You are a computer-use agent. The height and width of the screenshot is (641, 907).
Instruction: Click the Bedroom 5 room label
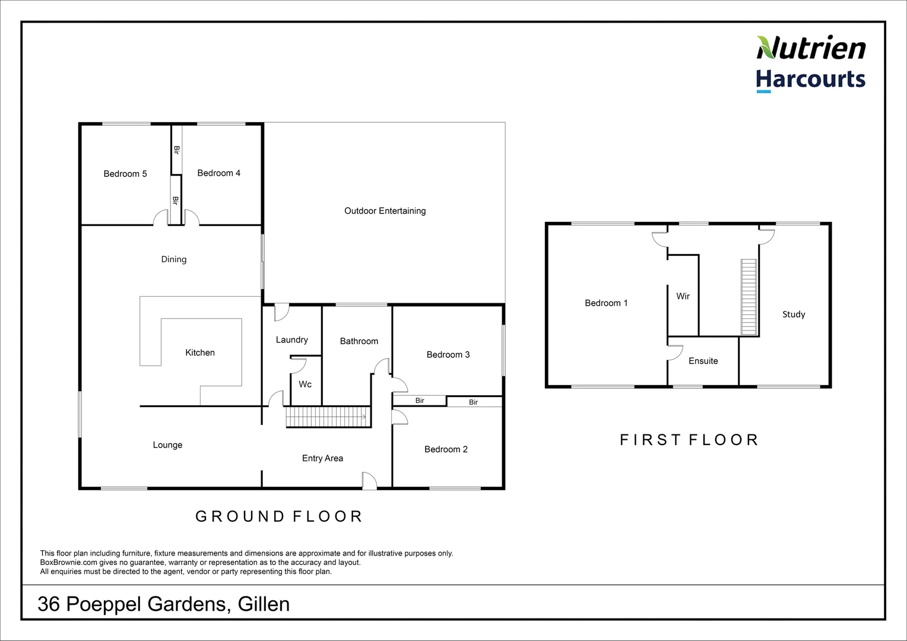[x=125, y=174]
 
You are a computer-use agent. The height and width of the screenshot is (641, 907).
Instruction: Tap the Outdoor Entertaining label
[x=385, y=211]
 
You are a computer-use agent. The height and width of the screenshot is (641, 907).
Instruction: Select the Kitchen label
[x=199, y=353]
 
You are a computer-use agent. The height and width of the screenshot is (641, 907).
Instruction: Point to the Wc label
[x=305, y=385]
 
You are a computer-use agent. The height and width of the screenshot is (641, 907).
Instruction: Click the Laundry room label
[x=291, y=340]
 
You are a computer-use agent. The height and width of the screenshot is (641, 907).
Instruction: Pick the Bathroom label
[x=359, y=341]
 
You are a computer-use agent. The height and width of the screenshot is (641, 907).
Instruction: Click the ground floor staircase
[x=328, y=417]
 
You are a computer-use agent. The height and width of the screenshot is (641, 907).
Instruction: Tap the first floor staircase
[x=749, y=297]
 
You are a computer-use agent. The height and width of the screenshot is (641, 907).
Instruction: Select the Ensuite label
[x=703, y=361]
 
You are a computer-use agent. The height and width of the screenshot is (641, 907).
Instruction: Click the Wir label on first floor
[x=683, y=296]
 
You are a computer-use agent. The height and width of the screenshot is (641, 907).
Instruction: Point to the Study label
[x=793, y=315]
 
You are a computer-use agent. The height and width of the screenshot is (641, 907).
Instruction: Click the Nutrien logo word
[x=811, y=48]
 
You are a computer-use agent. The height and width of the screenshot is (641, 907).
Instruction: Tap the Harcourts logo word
[x=810, y=80]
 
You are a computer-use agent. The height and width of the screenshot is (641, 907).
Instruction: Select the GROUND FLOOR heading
[x=279, y=516]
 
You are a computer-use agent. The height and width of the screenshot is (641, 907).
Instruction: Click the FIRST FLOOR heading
[x=689, y=440]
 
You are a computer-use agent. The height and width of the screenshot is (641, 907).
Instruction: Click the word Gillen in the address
[x=264, y=604]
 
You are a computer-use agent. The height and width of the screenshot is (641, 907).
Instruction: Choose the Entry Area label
[x=322, y=458]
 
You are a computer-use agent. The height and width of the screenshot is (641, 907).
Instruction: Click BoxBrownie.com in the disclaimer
[x=68, y=563]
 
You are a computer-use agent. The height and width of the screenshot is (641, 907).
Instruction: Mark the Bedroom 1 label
[x=605, y=303]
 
